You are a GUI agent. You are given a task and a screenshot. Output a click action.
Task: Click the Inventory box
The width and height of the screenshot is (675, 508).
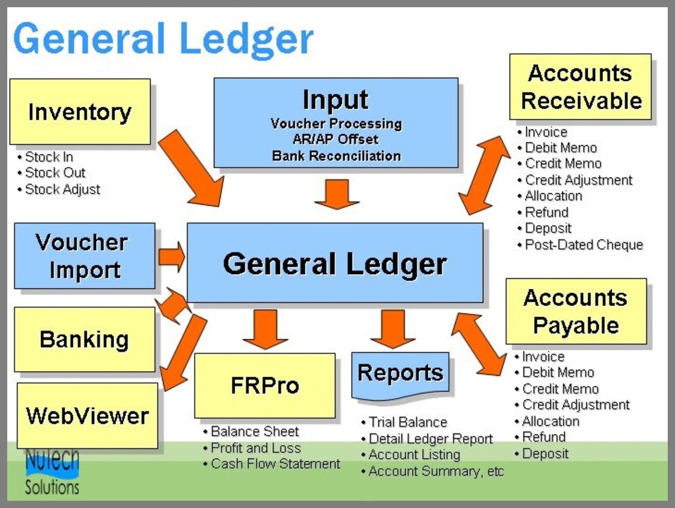80,112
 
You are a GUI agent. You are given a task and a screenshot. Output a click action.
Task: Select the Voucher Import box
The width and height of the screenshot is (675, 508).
84,256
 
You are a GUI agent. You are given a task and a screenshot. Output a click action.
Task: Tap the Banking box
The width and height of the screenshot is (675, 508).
84,340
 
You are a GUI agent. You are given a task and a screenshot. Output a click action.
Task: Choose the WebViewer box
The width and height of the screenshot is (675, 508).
87,416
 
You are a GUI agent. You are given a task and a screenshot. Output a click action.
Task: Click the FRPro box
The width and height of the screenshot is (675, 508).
265,386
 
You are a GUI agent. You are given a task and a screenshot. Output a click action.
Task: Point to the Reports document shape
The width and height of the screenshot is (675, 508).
400,376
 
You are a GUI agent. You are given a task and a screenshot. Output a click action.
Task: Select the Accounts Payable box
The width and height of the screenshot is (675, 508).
576,311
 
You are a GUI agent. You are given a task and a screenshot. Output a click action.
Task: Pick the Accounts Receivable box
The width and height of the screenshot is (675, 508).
580,87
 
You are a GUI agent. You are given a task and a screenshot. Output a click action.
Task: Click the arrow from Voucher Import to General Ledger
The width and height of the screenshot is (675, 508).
172,257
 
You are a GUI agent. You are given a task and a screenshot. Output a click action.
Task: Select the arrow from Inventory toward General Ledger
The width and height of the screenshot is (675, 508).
191,168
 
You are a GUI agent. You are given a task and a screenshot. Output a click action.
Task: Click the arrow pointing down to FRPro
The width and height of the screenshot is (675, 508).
265,330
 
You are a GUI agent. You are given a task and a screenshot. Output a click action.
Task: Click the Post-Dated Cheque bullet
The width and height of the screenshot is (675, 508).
580,245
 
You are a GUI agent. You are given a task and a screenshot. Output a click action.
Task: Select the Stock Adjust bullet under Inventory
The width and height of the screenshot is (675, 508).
59,189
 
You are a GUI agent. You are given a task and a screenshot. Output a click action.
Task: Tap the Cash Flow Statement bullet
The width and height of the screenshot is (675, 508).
272,464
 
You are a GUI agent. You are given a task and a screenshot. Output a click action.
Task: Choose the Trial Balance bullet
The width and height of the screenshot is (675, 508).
404,422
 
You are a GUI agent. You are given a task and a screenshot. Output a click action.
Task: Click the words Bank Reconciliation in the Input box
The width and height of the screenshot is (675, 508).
336,156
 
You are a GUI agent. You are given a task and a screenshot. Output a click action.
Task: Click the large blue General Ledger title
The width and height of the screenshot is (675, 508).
163,39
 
